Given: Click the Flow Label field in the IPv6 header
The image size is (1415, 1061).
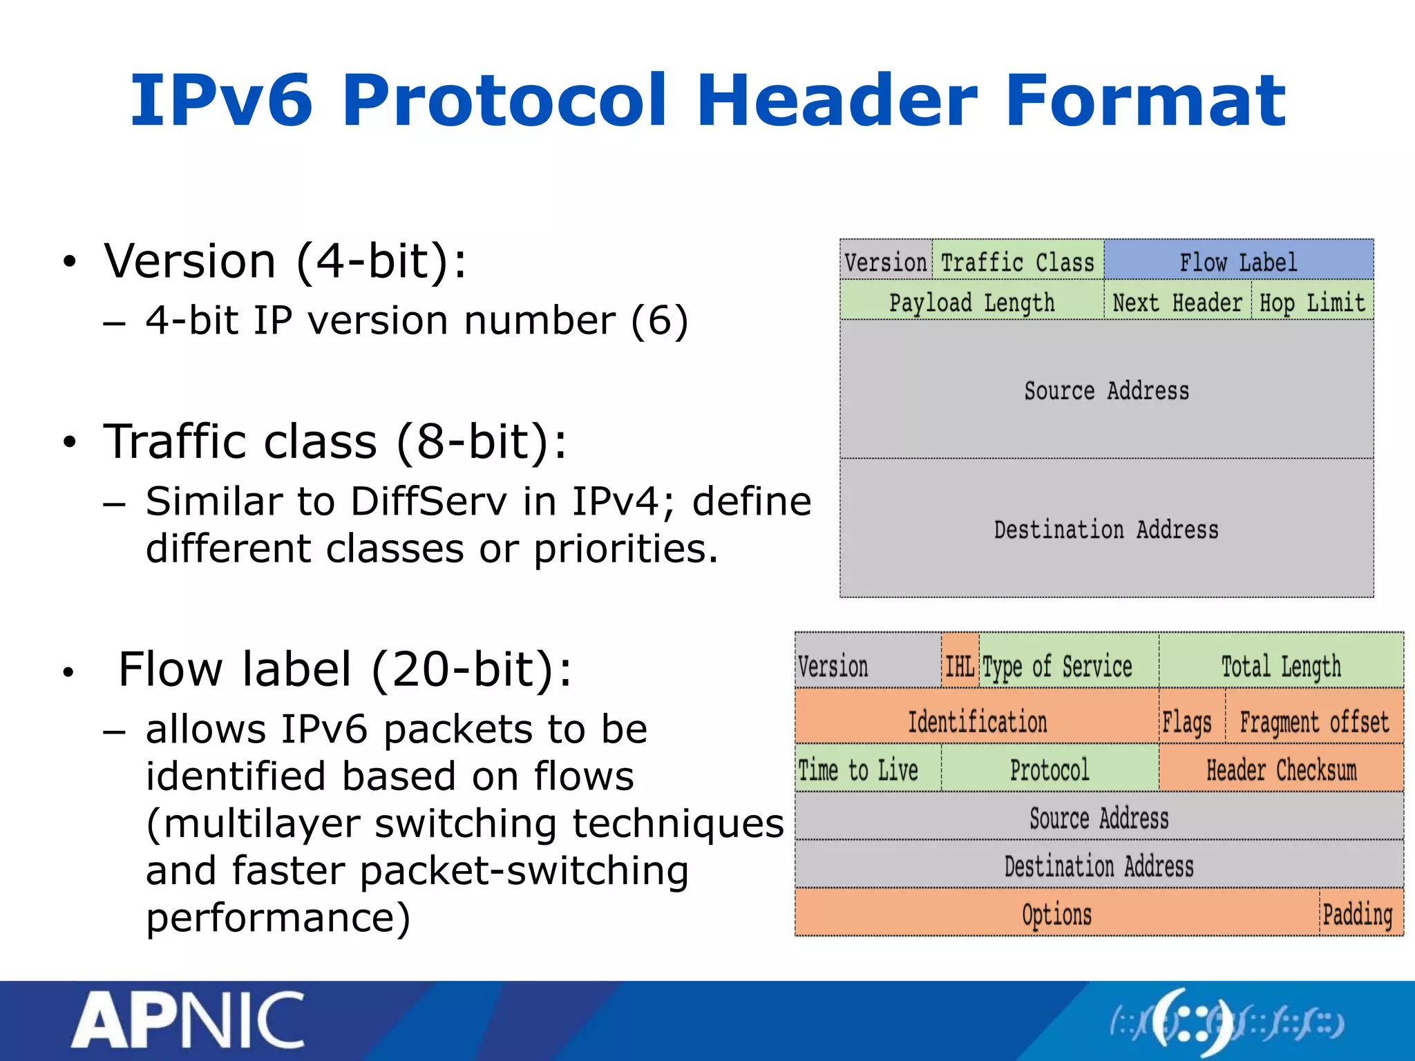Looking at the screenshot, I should pyautogui.click(x=1238, y=260).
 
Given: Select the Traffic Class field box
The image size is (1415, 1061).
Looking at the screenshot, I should pyautogui.click(x=1018, y=261).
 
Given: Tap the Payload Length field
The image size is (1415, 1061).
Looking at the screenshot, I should pyautogui.click(x=971, y=301).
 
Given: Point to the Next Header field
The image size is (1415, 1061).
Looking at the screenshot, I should pyautogui.click(x=1177, y=302).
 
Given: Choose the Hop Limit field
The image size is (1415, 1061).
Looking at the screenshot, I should pyautogui.click(x=1312, y=302).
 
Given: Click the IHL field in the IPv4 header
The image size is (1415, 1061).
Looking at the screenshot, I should pyautogui.click(x=960, y=665).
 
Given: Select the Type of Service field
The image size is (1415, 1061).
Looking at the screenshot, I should pyautogui.click(x=1058, y=665).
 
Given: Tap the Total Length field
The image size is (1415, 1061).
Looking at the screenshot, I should pyautogui.click(x=1281, y=665).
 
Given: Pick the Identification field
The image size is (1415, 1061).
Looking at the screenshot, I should pyautogui.click(x=977, y=720).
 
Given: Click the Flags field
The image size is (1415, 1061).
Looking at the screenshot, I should pyautogui.click(x=1187, y=721).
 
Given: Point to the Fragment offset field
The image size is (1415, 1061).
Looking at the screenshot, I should pyautogui.click(x=1313, y=720).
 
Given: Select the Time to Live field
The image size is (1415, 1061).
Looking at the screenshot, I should pyautogui.click(x=859, y=768).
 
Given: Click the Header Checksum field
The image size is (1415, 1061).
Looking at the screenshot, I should pyautogui.click(x=1281, y=768).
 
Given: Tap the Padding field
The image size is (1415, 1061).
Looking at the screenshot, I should pyautogui.click(x=1358, y=913).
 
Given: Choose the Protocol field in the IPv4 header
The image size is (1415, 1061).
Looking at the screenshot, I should pyautogui.click(x=1050, y=768).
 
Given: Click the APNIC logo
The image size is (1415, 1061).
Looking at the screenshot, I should pyautogui.click(x=189, y=1021).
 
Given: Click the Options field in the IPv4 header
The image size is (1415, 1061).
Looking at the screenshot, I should pyautogui.click(x=1056, y=913).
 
